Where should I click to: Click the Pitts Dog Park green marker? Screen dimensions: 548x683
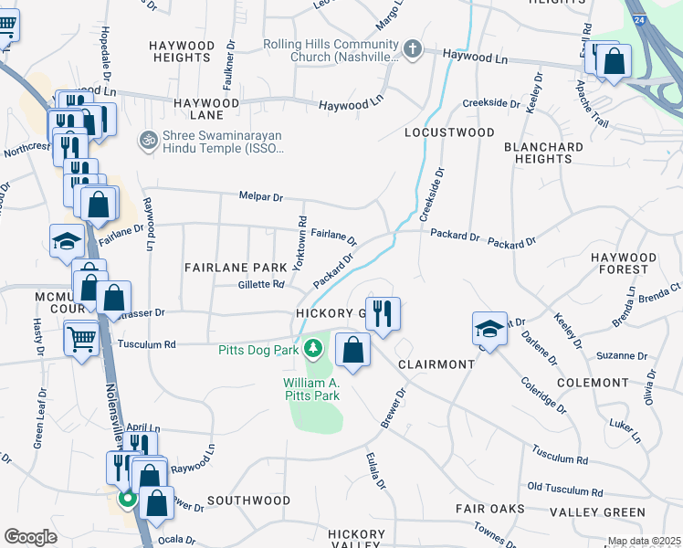pos(313,349)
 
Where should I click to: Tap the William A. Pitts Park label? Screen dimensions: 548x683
pos(311,389)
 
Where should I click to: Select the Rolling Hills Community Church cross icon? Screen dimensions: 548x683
pos(413,48)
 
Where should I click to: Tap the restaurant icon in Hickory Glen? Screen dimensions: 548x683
pos(382,313)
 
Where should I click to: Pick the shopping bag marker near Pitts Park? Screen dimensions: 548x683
pos(352,349)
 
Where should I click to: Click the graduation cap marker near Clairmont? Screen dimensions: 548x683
pos(489,328)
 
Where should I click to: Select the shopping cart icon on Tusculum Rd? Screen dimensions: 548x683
pos(81,337)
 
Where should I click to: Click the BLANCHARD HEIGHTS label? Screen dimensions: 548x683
pos(543,152)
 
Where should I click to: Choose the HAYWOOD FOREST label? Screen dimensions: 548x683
pos(632,263)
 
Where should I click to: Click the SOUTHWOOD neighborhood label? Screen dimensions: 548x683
pos(248,501)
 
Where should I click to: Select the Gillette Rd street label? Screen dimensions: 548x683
pos(261,285)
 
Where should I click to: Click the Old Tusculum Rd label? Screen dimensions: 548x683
pos(565,491)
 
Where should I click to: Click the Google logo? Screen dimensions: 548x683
pos(30,537)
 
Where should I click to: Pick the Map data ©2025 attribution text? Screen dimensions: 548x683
pos(644,542)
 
